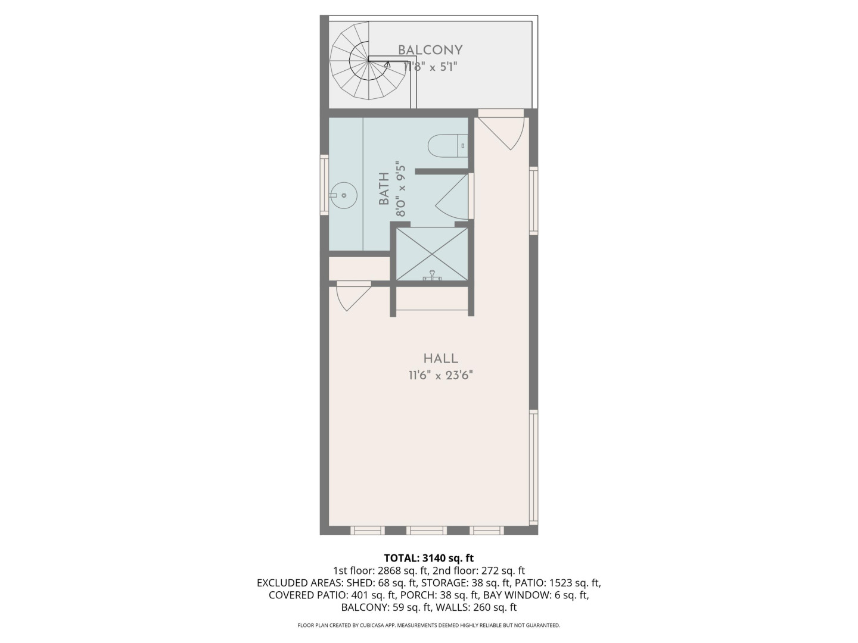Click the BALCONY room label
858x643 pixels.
pyautogui.click(x=430, y=50)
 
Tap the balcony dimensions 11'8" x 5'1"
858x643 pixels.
pyautogui.click(x=430, y=67)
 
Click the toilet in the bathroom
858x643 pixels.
pyautogui.click(x=448, y=146)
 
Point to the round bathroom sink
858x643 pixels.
pyautogui.click(x=344, y=195)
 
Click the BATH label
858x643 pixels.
pyautogui.click(x=384, y=189)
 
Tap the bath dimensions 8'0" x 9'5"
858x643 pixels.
pyautogui.click(x=400, y=189)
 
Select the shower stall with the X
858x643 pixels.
pyautogui.click(x=432, y=254)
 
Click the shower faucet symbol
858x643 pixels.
pyautogui.click(x=433, y=276)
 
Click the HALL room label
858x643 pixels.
pyautogui.click(x=441, y=358)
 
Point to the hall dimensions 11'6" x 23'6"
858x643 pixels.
pyautogui.click(x=441, y=375)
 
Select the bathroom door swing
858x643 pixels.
pyautogui.click(x=452, y=196)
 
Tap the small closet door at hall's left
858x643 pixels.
pyautogui.click(x=353, y=296)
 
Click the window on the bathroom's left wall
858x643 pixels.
pyautogui.click(x=325, y=185)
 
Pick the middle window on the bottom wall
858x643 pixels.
pyautogui.click(x=426, y=530)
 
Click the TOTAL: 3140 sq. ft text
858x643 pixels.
pyautogui.click(x=429, y=558)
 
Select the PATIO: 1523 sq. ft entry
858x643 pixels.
pyautogui.click(x=558, y=583)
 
